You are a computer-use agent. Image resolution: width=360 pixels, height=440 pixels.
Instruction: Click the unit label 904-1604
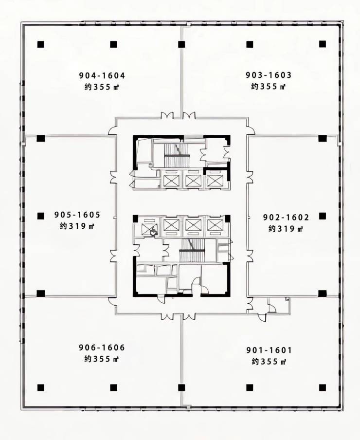click(x=102, y=75)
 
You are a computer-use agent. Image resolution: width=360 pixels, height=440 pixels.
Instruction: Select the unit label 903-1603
click(x=269, y=75)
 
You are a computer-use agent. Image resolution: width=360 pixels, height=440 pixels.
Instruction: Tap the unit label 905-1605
click(x=77, y=215)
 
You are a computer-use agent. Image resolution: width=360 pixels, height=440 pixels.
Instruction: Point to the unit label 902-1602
click(x=286, y=217)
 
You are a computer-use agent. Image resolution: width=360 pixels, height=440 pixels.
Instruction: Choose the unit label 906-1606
click(x=102, y=348)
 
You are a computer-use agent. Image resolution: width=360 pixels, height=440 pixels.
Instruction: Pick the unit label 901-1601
click(x=269, y=350)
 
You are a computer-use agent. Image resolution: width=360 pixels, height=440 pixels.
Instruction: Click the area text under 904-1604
click(x=102, y=87)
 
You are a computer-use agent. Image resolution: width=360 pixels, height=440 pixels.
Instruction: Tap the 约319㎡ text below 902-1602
click(x=286, y=229)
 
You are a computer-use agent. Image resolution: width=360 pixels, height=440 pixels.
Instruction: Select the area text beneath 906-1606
click(x=102, y=359)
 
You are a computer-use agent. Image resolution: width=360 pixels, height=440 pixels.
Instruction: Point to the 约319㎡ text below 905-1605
click(x=77, y=226)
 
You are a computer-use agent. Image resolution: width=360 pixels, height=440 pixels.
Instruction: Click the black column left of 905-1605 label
click(x=41, y=216)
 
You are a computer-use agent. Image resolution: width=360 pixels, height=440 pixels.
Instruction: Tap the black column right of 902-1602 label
click(x=323, y=216)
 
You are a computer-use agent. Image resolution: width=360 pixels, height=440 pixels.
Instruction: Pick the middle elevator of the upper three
click(x=193, y=180)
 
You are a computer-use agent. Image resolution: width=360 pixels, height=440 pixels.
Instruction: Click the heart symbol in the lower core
click(x=153, y=232)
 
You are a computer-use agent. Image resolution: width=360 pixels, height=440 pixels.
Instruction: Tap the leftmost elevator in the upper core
click(x=171, y=180)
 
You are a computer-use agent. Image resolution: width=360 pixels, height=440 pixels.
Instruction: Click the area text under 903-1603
click(x=269, y=87)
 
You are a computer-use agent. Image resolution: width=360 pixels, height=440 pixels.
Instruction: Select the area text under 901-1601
click(x=269, y=362)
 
